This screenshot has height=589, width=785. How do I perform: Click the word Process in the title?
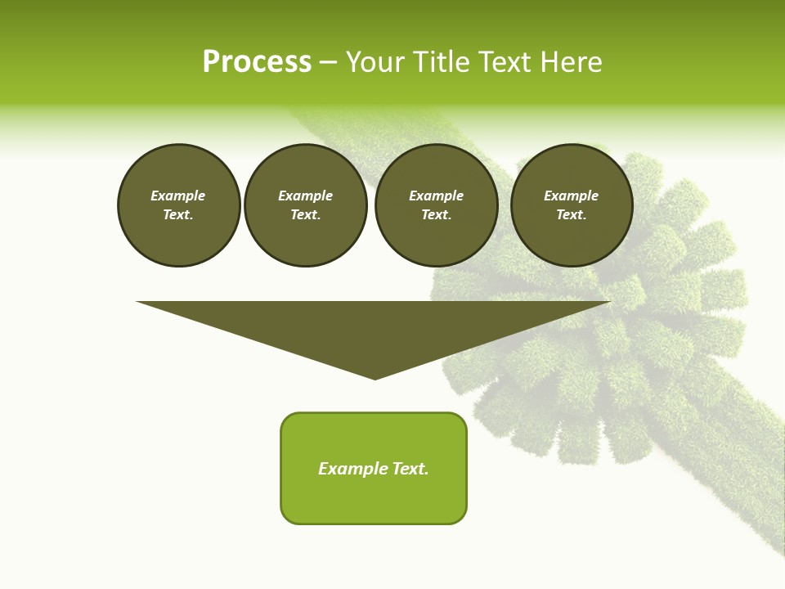coord(257,62)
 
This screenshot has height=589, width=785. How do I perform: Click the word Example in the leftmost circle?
coord(178,196)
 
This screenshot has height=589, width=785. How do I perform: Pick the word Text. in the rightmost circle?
coord(572,215)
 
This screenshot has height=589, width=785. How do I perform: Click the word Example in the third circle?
coord(436,196)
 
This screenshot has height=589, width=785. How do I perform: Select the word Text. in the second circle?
coord(306,215)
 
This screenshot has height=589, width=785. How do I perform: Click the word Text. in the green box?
coord(410,469)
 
